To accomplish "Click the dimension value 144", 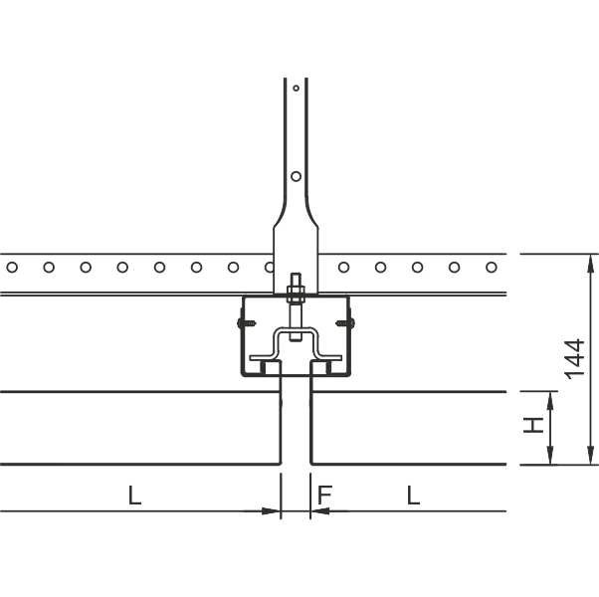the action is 575,359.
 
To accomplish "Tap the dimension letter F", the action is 325,496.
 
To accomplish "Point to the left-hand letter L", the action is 134,496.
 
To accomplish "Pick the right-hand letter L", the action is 413,496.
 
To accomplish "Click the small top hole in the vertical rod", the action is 297,89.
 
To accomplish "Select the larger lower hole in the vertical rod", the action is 297,176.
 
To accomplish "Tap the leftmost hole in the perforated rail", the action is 12,267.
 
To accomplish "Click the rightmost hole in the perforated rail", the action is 492,267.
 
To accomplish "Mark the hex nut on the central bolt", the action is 296,295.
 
